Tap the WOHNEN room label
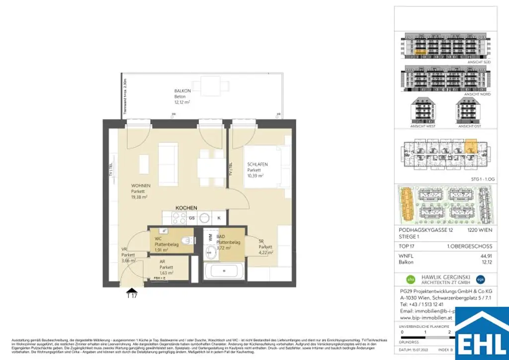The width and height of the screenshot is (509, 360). point(141,185)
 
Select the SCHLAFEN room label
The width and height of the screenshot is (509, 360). point(258,164)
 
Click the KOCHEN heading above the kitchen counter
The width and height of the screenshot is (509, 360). point(186,207)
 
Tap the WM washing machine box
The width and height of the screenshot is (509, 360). point(210,237)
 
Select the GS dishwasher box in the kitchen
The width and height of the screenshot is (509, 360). point(191,218)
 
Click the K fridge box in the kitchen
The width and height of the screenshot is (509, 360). point(219,218)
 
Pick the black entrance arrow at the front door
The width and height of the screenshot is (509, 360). point(132,291)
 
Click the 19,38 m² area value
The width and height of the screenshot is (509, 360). point(139,196)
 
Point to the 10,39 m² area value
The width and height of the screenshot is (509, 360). point(255,176)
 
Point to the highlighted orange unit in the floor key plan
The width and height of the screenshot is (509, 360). point(470,146)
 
